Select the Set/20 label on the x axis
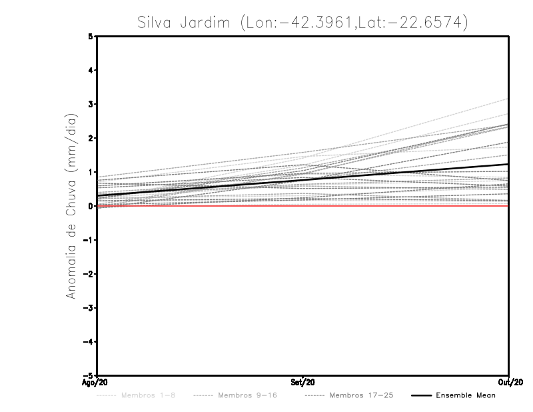(x=302, y=383)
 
